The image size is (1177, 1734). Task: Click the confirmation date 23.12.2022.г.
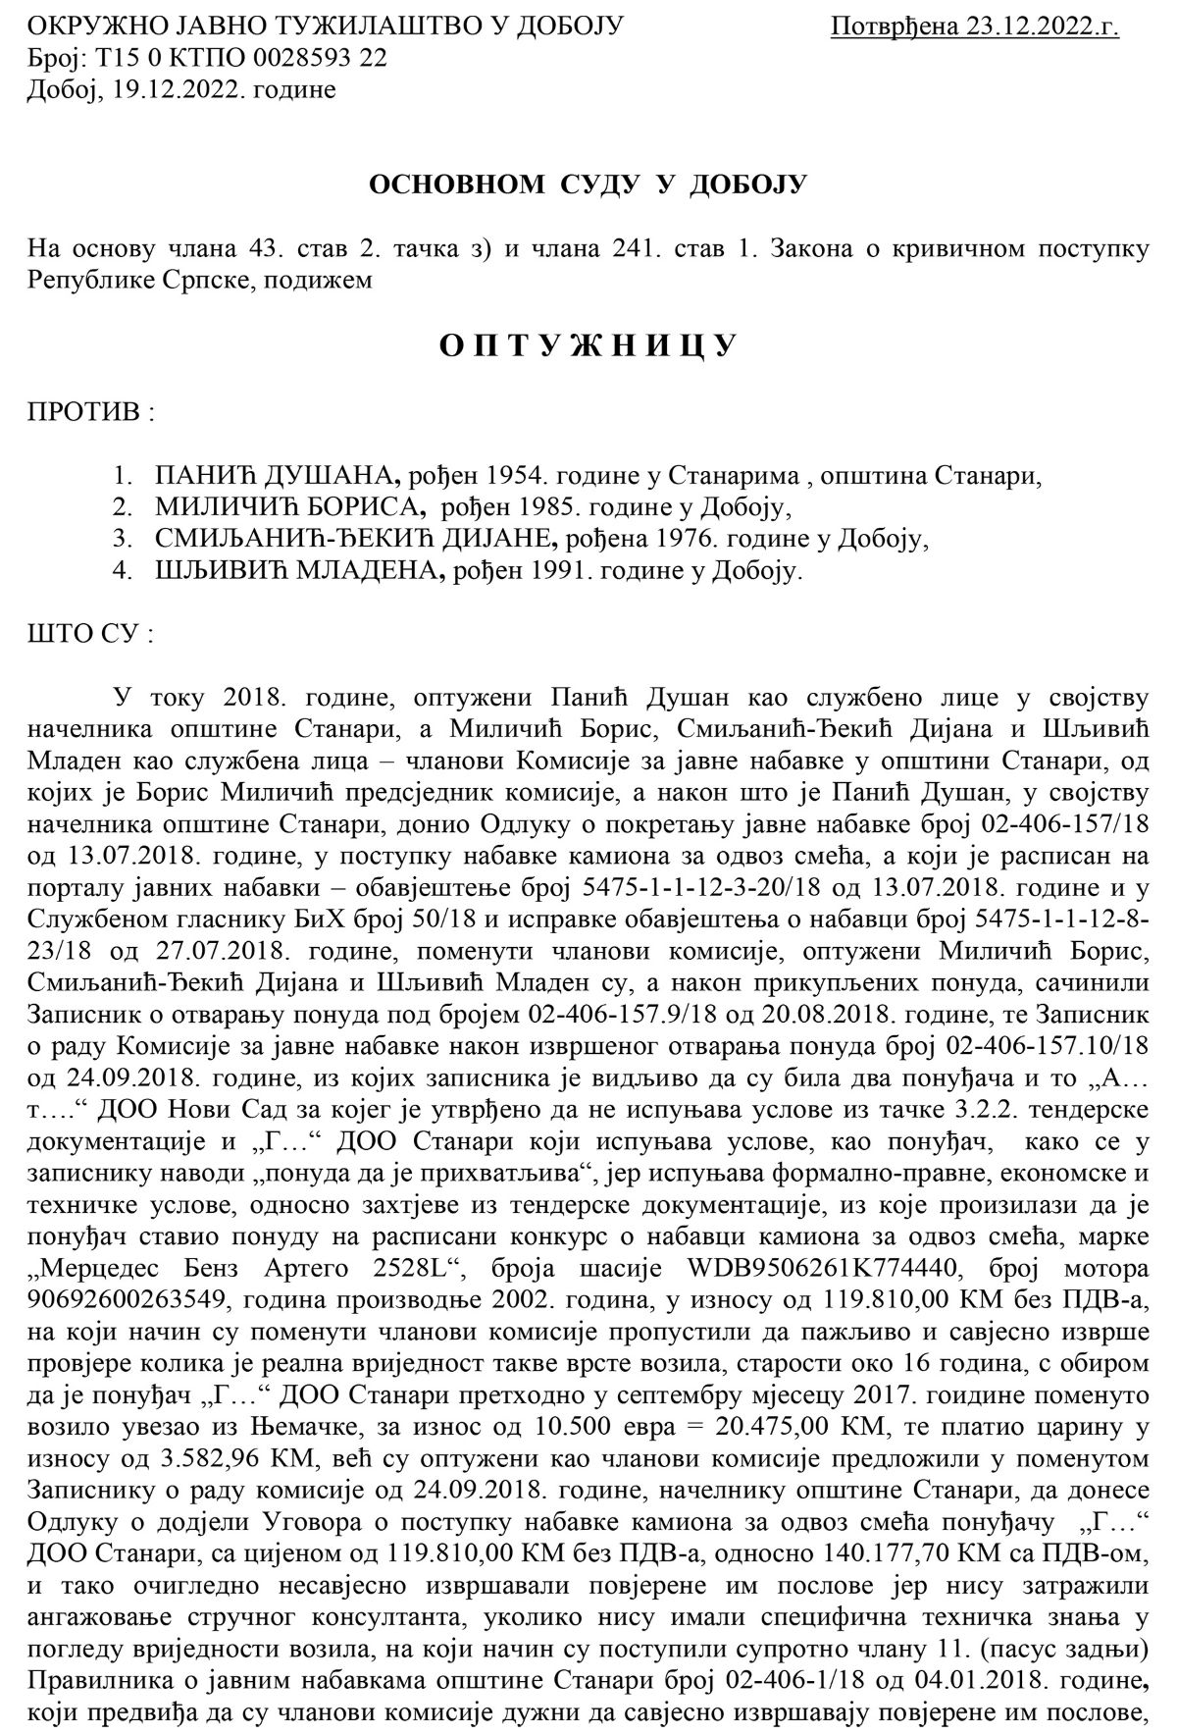pyautogui.click(x=1042, y=26)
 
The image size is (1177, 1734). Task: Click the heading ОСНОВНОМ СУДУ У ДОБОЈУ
pyautogui.click(x=587, y=184)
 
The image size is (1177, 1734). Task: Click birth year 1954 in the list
pyautogui.click(x=508, y=477)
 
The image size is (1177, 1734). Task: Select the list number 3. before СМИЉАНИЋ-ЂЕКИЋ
pyautogui.click(x=122, y=539)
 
